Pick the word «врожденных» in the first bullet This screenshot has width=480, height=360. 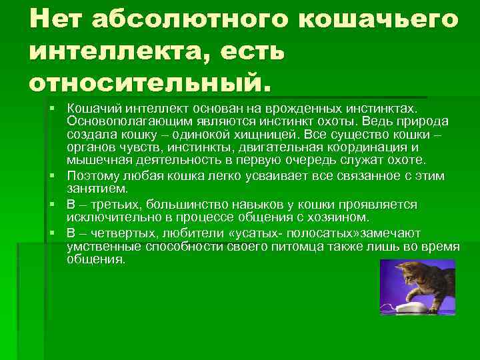coord(293,108)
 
